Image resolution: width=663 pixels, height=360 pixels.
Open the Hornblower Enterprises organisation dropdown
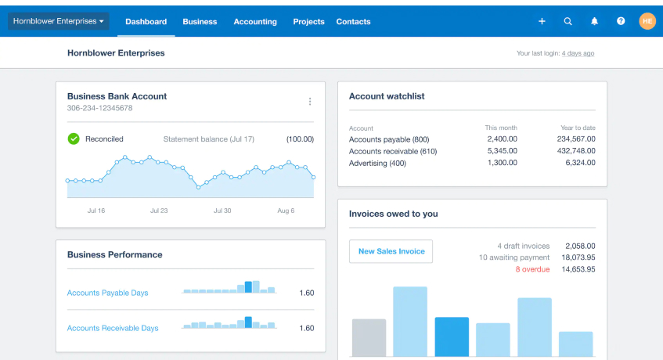pyautogui.click(x=59, y=21)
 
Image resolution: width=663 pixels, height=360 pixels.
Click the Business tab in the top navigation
pyautogui.click(x=200, y=22)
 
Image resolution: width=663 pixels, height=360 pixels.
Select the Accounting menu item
pyautogui.click(x=255, y=22)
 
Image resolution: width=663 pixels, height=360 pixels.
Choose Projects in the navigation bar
pyautogui.click(x=308, y=22)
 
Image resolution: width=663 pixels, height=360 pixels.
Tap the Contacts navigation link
pyautogui.click(x=353, y=22)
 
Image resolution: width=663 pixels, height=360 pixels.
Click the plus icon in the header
pyautogui.click(x=542, y=21)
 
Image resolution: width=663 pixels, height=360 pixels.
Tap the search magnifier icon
pyautogui.click(x=568, y=21)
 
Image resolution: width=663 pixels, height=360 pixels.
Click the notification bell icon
pyautogui.click(x=594, y=21)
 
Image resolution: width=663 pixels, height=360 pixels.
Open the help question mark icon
pyautogui.click(x=621, y=21)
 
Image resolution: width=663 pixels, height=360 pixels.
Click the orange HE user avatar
pyautogui.click(x=647, y=21)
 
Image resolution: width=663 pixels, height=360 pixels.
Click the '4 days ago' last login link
pyautogui.click(x=578, y=53)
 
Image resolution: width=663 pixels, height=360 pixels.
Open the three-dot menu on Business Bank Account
pyautogui.click(x=310, y=102)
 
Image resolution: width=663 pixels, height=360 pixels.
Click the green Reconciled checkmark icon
pyautogui.click(x=74, y=139)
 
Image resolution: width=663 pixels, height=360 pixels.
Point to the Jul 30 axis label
pyautogui.click(x=222, y=211)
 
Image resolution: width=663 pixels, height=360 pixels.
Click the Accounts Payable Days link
pyautogui.click(x=107, y=293)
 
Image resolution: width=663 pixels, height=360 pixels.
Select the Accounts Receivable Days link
pyautogui.click(x=113, y=329)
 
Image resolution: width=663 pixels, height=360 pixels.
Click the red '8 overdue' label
pyautogui.click(x=532, y=269)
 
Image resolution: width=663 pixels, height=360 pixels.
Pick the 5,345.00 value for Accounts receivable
pyautogui.click(x=501, y=151)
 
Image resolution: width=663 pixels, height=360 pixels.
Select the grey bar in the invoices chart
pyautogui.click(x=369, y=337)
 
